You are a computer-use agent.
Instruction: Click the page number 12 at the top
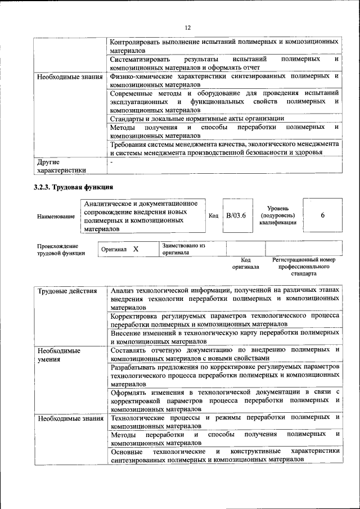[188, 28]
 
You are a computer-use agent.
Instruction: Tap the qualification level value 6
[322, 215]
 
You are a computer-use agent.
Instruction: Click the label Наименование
[55, 216]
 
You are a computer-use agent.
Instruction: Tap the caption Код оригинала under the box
[245, 263]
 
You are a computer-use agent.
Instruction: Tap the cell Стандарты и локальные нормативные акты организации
[197, 119]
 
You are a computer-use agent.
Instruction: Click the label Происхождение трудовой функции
[61, 250]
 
